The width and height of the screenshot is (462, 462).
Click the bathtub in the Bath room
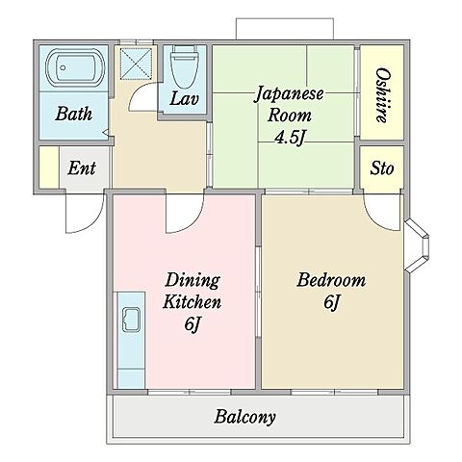(75, 67)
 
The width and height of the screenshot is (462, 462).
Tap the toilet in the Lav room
(184, 66)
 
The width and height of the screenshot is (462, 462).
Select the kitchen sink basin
(132, 320)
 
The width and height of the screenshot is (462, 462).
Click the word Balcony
(245, 417)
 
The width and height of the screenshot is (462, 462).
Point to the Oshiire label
(382, 95)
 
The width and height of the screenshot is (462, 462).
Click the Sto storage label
(382, 168)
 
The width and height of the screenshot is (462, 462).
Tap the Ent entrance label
(82, 167)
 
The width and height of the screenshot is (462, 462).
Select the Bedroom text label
(331, 280)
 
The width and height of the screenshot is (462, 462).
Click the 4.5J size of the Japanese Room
(290, 138)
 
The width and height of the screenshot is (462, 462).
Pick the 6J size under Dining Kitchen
(192, 324)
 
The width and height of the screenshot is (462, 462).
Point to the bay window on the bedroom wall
(417, 245)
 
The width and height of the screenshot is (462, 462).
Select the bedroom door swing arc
(373, 218)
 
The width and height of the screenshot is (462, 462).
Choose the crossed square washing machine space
(136, 64)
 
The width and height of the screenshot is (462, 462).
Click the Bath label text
(73, 114)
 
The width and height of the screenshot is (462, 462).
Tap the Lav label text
(184, 98)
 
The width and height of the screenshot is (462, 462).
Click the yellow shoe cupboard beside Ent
(49, 167)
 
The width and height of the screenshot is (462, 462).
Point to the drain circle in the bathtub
(63, 67)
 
